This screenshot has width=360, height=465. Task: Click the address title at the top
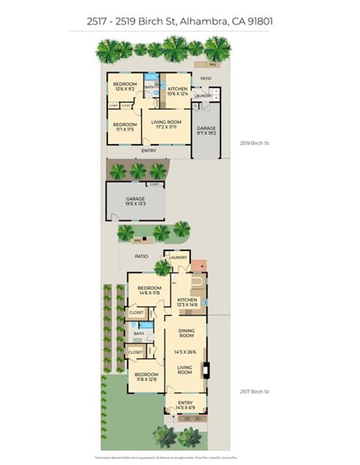point(179,22)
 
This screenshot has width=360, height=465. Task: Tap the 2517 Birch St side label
point(253,392)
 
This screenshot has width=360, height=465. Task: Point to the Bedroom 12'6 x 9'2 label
point(124,87)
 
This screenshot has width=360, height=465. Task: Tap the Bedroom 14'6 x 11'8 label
point(149,290)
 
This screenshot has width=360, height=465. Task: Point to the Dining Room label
point(185,332)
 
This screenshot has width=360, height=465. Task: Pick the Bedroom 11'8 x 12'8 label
point(146,377)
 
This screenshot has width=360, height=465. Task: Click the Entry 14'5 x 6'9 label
point(185,406)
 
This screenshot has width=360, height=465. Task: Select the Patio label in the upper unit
point(206,78)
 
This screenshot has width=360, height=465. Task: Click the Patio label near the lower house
point(141,257)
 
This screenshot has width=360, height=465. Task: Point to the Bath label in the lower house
point(139,333)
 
